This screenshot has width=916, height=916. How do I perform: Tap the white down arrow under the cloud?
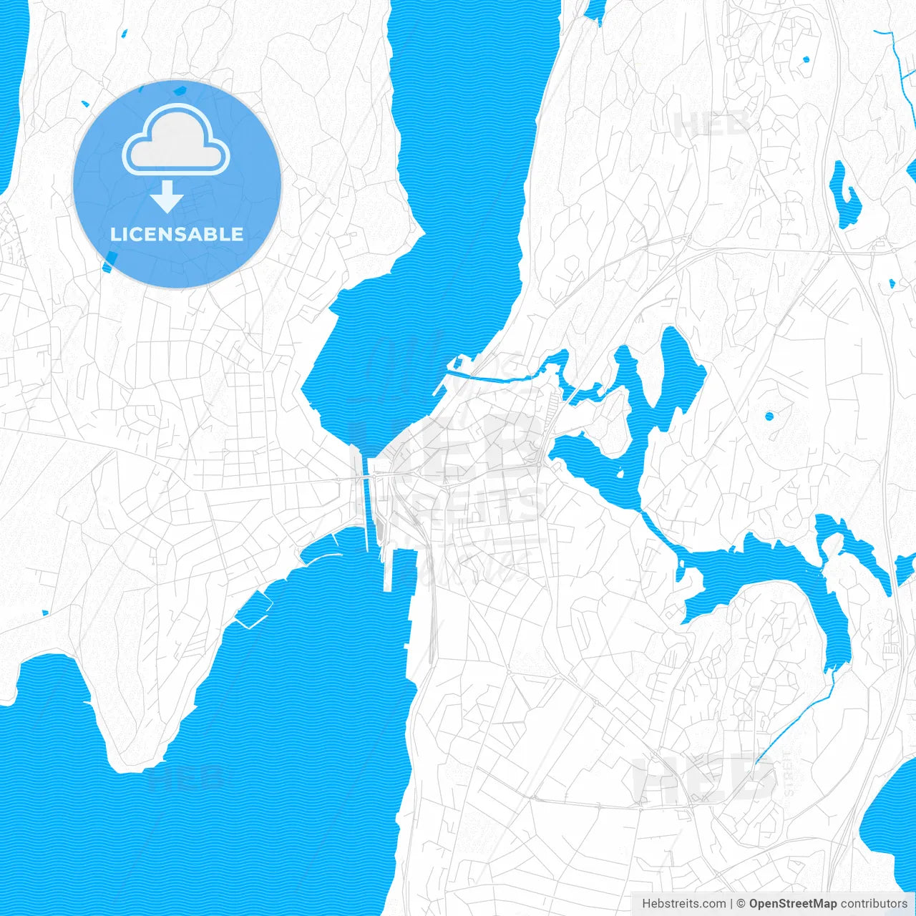[x=167, y=197]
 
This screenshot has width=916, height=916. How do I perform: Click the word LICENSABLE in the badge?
[x=177, y=234]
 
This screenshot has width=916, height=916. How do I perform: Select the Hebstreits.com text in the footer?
[x=683, y=904]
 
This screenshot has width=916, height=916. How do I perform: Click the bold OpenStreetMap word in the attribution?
[x=792, y=904]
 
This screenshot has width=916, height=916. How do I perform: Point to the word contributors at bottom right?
[x=873, y=904]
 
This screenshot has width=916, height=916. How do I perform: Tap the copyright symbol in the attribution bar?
[x=741, y=904]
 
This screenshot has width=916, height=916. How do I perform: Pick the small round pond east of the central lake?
[x=769, y=416]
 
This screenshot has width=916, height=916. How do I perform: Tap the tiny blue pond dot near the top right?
[x=806, y=59]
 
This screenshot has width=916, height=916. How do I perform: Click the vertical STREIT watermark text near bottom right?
[x=789, y=773]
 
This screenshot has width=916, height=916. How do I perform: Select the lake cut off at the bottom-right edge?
[x=891, y=823]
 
